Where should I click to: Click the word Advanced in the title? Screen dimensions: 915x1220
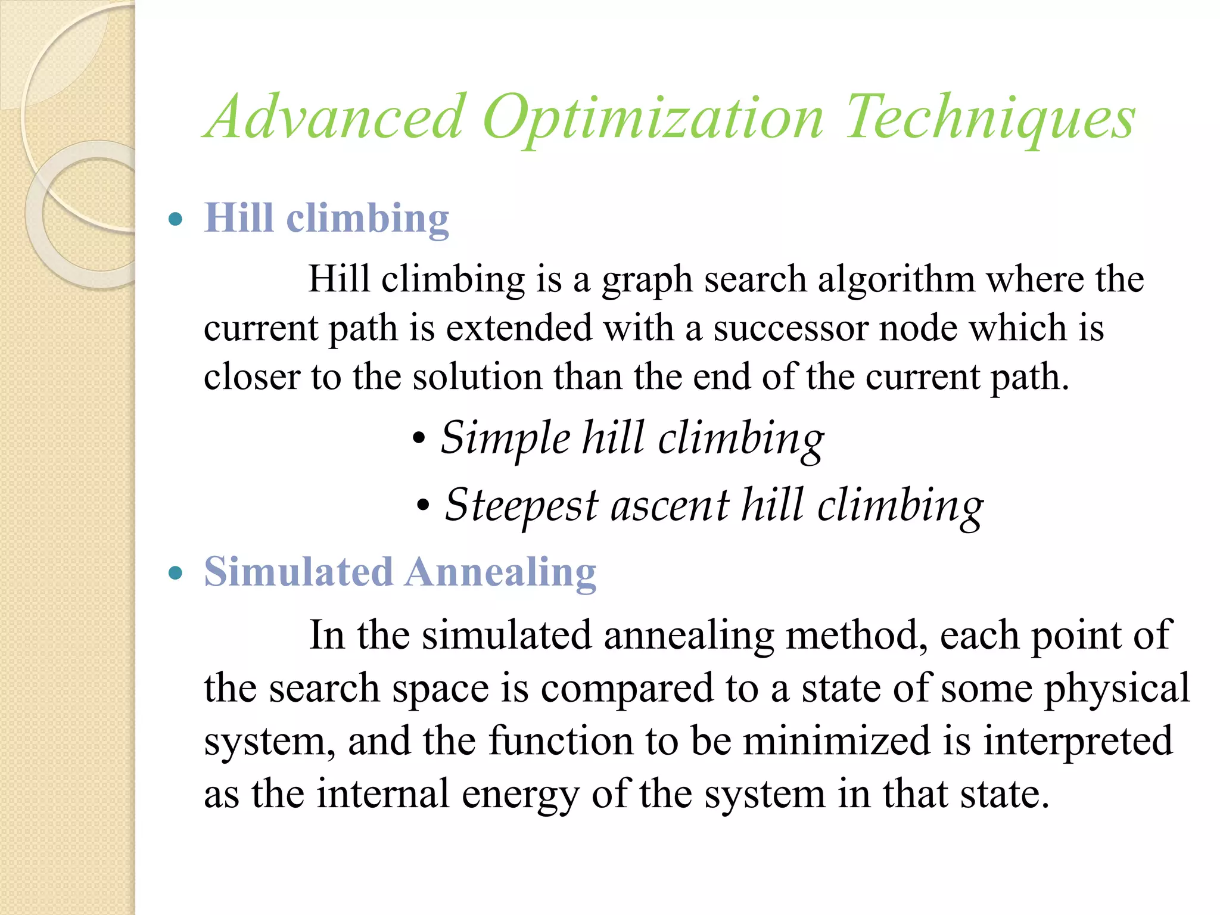335,117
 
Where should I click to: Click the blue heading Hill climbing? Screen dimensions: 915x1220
326,219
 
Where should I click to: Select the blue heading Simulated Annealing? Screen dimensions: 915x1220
400,572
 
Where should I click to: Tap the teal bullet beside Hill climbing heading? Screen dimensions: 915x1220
175,219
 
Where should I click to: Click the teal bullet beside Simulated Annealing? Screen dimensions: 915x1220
175,573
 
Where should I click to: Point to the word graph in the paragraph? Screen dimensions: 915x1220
647,281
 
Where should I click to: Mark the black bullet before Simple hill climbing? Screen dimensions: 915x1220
419,440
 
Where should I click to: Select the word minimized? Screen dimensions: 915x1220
836,741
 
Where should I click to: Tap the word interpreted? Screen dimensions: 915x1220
1078,741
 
